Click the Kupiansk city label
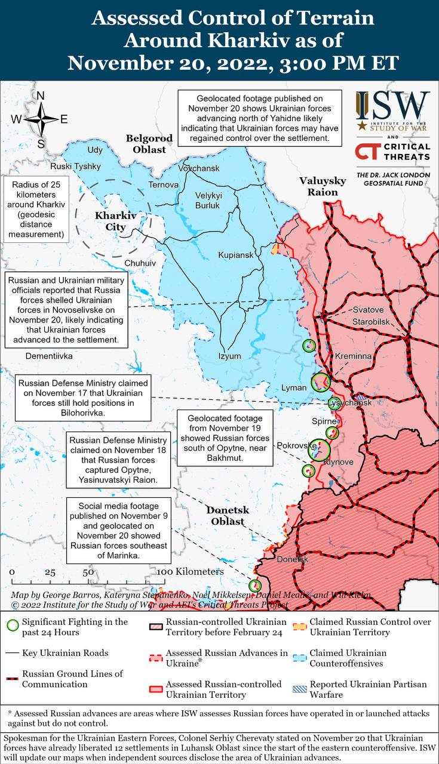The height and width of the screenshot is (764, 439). coord(236,255)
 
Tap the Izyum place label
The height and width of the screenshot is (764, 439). coord(229,356)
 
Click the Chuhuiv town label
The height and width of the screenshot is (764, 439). coord(140,263)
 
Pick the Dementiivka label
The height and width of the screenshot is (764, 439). coord(49,356)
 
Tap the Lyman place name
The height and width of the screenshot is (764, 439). coord(294,388)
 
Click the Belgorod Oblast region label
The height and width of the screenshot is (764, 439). coord(149,144)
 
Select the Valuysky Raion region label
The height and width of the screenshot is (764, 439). coord(323,186)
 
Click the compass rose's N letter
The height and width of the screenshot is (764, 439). coord(41,96)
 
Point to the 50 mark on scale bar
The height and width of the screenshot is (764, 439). coord(88,572)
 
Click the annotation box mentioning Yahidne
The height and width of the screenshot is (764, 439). coord(259,118)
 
